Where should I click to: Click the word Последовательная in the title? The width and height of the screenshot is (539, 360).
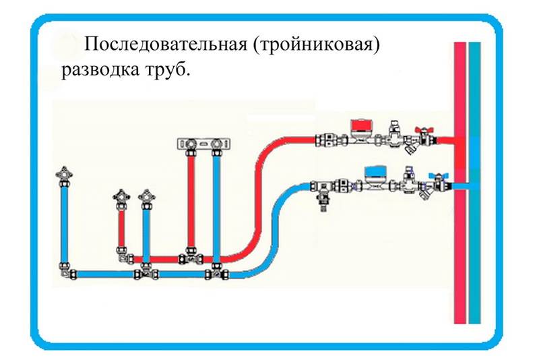point(166,44)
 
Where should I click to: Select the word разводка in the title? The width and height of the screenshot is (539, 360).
point(100,70)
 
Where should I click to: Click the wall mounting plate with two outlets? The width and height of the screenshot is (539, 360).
point(203,144)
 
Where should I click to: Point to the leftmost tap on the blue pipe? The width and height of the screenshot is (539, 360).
point(64,175)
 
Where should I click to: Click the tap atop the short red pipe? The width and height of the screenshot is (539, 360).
point(121,198)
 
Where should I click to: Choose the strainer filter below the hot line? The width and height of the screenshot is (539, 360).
point(410,148)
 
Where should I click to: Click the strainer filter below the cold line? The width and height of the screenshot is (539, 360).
point(426,195)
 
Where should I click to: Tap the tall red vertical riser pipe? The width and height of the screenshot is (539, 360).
point(460,183)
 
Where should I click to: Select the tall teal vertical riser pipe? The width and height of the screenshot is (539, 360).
point(475,183)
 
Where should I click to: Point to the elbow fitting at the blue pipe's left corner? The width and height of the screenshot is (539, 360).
point(66,272)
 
